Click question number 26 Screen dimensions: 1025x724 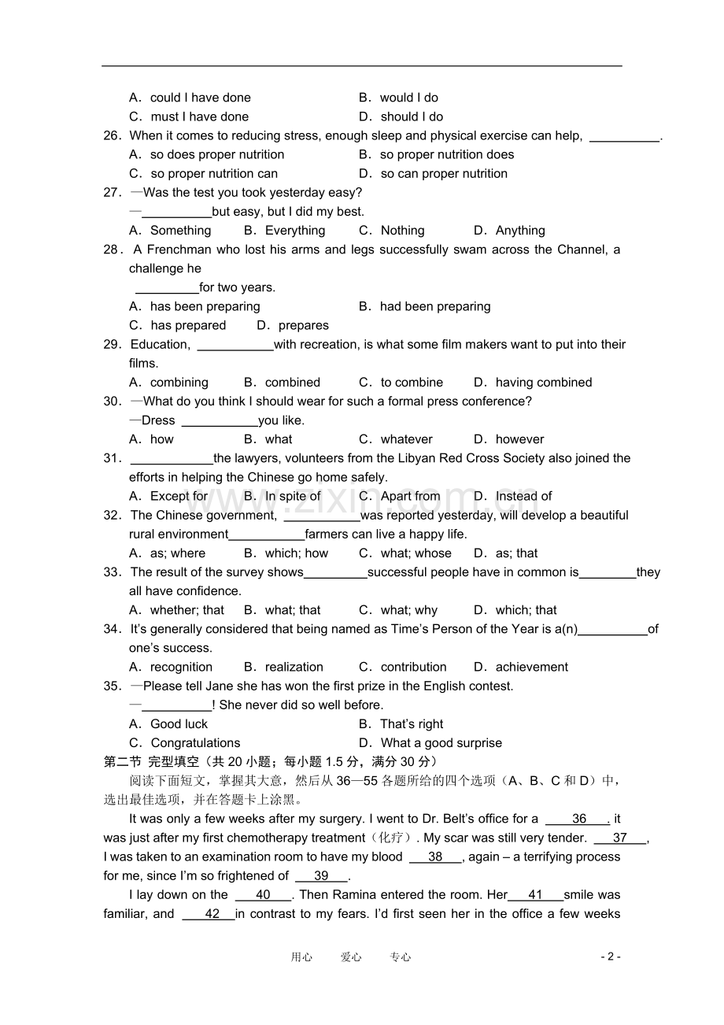112,135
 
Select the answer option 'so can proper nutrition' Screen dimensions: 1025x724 443,173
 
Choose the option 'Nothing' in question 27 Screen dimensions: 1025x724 402,231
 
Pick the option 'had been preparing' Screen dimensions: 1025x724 434,306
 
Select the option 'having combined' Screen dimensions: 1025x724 543,383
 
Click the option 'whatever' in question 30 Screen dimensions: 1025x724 406,439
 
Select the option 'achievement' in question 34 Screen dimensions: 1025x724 532,667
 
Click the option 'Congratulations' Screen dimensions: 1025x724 195,743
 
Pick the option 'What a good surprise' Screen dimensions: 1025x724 441,743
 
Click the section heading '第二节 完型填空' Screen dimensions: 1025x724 151,761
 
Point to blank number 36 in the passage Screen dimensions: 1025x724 578,819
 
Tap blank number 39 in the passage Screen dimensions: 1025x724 321,875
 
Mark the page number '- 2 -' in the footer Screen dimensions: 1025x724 611,957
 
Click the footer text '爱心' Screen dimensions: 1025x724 351,957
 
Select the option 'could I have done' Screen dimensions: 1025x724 200,98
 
